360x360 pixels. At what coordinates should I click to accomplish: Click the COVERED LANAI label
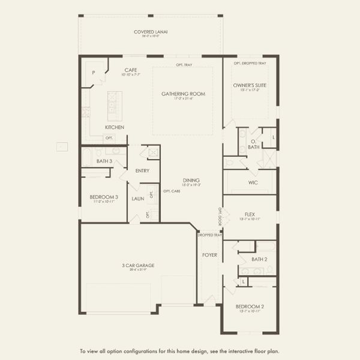click(150, 31)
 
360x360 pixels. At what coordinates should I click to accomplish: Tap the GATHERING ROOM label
click(183, 94)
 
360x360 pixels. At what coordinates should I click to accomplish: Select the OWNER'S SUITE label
click(250, 85)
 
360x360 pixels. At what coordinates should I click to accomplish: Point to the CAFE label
click(131, 70)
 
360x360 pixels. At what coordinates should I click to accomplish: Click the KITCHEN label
click(115, 128)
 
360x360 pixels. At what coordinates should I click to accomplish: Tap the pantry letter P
click(93, 72)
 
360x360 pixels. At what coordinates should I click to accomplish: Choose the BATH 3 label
click(104, 161)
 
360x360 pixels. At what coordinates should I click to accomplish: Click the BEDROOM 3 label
click(104, 197)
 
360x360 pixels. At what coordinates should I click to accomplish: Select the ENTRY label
click(142, 171)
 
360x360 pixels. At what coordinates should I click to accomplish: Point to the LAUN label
click(137, 199)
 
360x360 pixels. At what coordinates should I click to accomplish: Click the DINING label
click(191, 181)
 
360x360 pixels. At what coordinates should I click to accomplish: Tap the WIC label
click(253, 182)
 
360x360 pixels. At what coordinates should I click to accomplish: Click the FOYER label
click(209, 255)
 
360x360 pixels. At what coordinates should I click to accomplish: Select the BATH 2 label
click(259, 259)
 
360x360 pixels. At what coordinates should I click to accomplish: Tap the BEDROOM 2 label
click(249, 307)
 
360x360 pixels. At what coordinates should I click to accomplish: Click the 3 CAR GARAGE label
click(137, 265)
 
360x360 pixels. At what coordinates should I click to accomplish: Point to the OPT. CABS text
click(172, 191)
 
